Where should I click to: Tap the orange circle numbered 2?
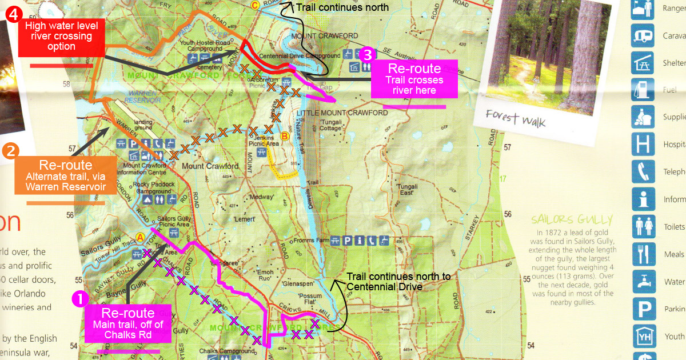click(x=11, y=151)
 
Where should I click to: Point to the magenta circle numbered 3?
click(x=367, y=55)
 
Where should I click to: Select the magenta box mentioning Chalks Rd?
click(x=127, y=323)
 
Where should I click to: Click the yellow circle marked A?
click(x=141, y=237)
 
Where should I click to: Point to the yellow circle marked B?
click(x=284, y=136)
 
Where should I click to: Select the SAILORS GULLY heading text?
click(x=571, y=219)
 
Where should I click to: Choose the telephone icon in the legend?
click(x=643, y=171)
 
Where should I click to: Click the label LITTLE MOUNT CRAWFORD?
click(x=342, y=113)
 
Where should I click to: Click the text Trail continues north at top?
click(x=342, y=7)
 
